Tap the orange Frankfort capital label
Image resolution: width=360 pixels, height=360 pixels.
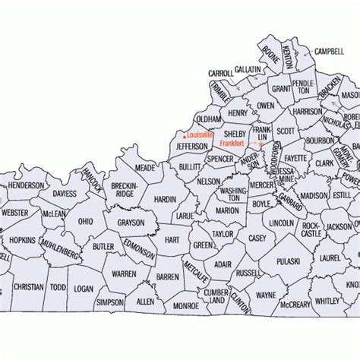click(235, 143)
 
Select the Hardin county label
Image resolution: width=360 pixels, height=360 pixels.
click(165, 200)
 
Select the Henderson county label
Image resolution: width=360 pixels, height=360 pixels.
click(26, 185)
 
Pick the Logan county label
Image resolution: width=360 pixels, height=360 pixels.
click(84, 289)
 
